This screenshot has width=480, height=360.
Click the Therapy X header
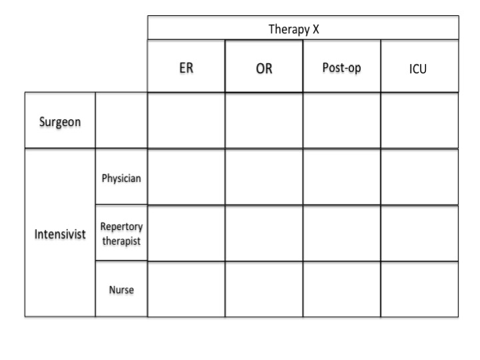coord(294,29)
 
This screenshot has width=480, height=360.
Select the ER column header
coord(186,68)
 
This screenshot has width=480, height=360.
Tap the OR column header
coord(264,68)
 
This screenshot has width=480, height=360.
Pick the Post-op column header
coord(341,67)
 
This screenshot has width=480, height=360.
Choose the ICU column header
coord(418,69)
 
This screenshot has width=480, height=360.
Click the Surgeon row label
coord(60,122)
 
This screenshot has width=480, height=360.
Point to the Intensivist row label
coord(60,234)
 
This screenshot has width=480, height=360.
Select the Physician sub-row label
coord(121,178)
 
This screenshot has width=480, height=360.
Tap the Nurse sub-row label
coord(121,289)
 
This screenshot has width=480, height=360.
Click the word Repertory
coord(121,227)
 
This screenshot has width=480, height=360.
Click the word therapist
coord(121,241)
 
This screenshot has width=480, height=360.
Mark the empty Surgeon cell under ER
coord(186,120)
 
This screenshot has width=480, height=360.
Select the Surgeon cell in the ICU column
coord(419,120)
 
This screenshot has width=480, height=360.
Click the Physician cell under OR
coord(264,177)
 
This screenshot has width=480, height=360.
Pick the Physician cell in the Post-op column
coord(341,177)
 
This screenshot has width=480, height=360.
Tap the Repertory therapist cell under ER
coord(186,233)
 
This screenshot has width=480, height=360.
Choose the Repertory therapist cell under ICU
coord(419,233)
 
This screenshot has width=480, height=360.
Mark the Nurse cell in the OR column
coord(264,289)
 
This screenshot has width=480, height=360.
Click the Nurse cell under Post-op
coord(341,289)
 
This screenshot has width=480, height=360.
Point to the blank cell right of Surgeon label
coord(121,120)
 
